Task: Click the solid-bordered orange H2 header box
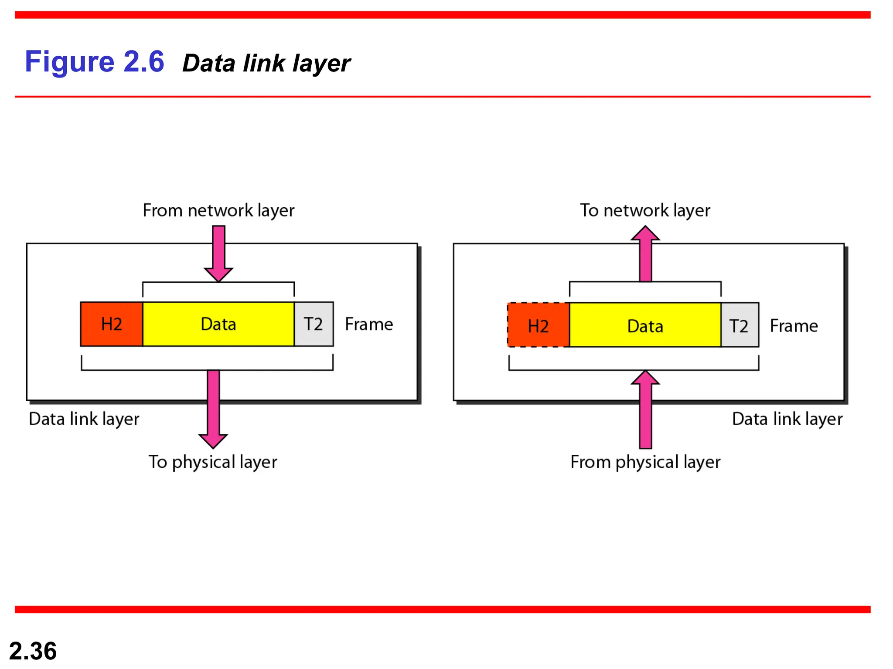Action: (112, 324)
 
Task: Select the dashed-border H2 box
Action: (539, 325)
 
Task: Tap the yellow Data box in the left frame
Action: (218, 324)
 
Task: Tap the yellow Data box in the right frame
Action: (645, 325)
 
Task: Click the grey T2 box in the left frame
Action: (314, 324)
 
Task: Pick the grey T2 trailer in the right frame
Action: (740, 325)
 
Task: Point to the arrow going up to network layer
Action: (645, 254)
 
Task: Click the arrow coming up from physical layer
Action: (645, 409)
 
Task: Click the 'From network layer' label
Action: (218, 210)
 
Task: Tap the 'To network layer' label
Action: (645, 210)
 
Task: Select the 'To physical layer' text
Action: (213, 462)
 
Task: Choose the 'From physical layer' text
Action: (645, 462)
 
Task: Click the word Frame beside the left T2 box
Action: (369, 324)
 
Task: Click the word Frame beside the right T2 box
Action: (794, 326)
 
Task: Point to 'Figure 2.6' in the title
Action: (94, 61)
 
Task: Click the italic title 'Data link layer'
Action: (266, 64)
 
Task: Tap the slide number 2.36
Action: (33, 651)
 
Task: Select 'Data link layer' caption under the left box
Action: (84, 419)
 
